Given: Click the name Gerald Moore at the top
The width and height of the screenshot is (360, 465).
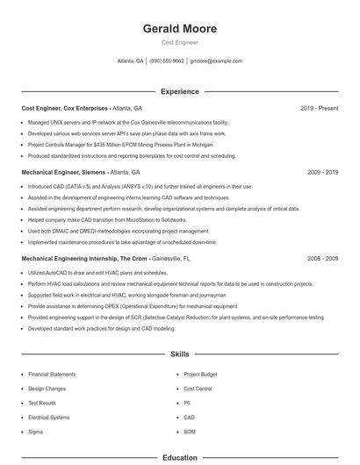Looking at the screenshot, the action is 179,29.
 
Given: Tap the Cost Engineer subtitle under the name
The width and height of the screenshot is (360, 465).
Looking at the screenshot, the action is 179,42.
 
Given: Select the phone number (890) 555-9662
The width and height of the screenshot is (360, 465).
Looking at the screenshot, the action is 167,61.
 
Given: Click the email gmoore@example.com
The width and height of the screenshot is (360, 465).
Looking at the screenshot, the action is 216,61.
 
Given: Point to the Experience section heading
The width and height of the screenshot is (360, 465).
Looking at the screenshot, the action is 179,91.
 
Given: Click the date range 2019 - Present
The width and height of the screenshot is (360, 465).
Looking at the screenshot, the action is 319,108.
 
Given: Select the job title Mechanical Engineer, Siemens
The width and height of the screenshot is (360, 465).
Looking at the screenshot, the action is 62,173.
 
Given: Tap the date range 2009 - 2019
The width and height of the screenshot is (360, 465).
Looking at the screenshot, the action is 322,173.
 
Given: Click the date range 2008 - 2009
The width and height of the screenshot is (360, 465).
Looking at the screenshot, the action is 322,259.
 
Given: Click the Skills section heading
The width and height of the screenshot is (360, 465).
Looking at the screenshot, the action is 179,354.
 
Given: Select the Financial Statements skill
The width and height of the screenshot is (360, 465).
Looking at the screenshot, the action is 52,374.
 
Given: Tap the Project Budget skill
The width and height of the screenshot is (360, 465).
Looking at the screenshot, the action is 200,374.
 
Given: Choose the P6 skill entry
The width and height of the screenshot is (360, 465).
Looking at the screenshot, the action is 187,403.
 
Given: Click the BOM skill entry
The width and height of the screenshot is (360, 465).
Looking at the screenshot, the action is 190,432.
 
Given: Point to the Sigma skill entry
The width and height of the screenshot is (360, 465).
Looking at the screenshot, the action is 35,432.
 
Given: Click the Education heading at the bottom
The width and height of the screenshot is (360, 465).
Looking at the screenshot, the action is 179,457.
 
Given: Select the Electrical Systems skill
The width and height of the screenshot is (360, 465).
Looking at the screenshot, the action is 48,417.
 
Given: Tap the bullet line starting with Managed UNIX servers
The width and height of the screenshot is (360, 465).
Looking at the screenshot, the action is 127,123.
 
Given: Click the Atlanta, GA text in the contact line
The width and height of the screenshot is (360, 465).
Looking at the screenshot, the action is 130,61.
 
